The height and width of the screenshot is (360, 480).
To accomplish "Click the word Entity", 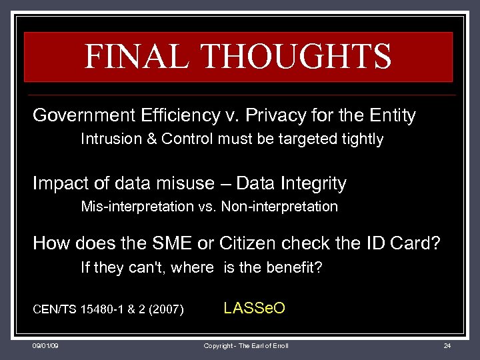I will [393, 115].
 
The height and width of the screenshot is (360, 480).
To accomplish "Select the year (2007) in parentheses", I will [165, 309].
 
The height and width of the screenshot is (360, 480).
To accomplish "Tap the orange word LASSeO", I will [254, 308].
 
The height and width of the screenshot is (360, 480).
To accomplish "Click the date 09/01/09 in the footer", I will [45, 347].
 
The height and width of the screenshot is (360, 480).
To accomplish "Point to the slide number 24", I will [447, 347].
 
